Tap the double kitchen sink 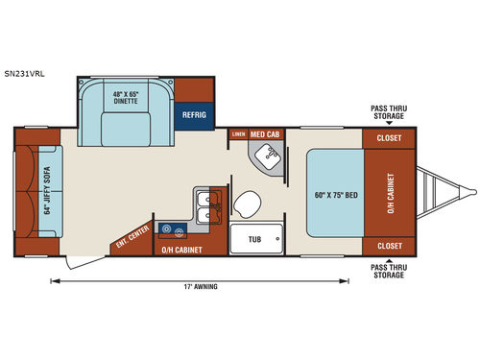(x=206, y=204)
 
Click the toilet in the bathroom (x=249, y=204)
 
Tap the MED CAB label (x=266, y=134)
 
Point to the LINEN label (x=238, y=134)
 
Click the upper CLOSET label (x=389, y=137)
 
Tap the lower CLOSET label (x=389, y=246)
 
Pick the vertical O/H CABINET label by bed (x=391, y=192)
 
